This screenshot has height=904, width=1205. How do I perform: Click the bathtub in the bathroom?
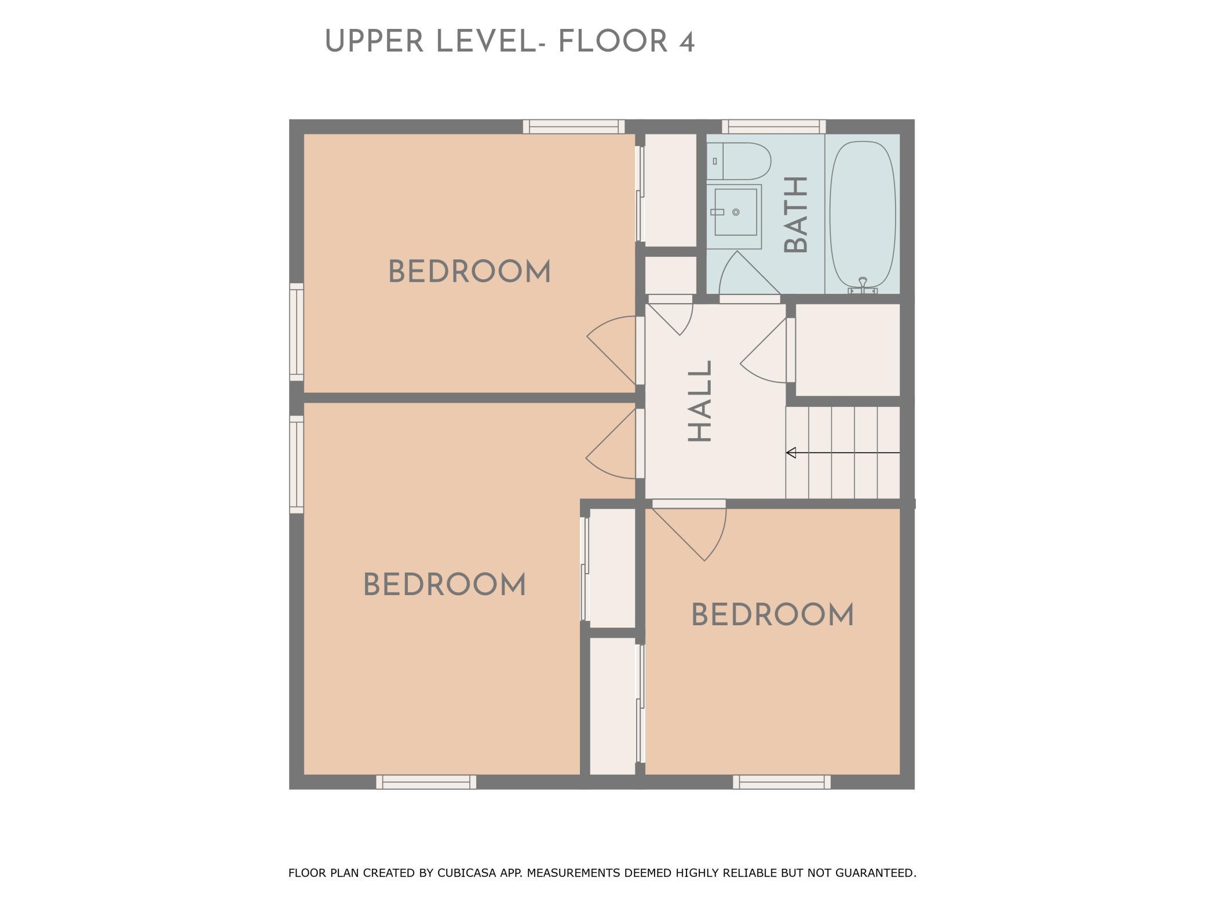(x=863, y=216)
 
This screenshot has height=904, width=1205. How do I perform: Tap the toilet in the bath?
(x=739, y=161)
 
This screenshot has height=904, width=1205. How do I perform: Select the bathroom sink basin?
(x=735, y=212)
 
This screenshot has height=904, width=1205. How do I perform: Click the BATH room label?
(x=796, y=215)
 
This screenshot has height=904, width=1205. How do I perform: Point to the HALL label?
(x=700, y=401)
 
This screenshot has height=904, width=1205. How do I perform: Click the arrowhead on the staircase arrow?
(x=791, y=453)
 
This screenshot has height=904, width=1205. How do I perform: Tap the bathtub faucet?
(x=863, y=285)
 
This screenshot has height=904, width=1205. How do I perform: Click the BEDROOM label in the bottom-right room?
(x=772, y=615)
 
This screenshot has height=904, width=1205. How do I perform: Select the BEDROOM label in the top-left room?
(x=469, y=272)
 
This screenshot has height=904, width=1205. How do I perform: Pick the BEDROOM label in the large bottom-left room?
(x=444, y=585)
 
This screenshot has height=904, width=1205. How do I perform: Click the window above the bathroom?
(x=773, y=126)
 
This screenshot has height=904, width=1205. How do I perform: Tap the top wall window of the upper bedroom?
(x=574, y=126)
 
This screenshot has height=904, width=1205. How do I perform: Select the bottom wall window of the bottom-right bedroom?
(x=782, y=782)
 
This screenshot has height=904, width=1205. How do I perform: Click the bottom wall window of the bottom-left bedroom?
(x=426, y=782)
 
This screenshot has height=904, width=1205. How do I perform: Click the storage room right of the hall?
(x=848, y=350)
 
